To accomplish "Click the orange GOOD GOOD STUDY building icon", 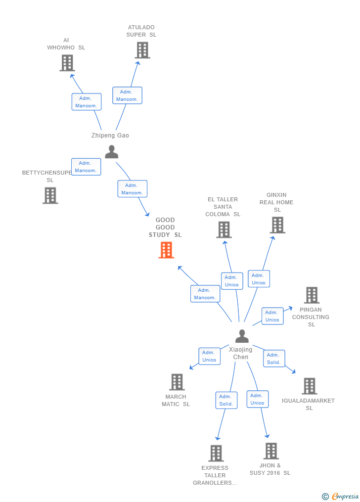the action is (x=166, y=250).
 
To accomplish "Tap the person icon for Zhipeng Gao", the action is (x=112, y=152).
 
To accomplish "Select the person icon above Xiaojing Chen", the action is (x=242, y=336).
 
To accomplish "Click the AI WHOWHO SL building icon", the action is (x=67, y=63).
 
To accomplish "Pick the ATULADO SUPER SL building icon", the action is (x=142, y=50).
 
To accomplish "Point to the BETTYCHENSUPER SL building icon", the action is (x=50, y=195).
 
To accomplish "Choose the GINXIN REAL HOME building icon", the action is (x=277, y=225).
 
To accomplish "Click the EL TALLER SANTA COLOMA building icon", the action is (x=224, y=229).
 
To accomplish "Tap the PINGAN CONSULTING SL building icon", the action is (x=312, y=295).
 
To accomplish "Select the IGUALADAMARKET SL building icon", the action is (x=310, y=386).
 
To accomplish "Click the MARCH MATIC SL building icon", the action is (x=177, y=382).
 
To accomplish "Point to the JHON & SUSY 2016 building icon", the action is (x=271, y=451).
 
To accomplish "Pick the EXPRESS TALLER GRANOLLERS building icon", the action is (x=216, y=453).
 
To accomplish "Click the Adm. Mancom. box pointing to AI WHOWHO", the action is (x=87, y=102).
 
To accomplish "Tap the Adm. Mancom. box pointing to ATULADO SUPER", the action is (x=127, y=95).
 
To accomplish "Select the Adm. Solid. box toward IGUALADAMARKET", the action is (x=274, y=359).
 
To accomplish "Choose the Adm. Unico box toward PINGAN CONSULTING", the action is (x=272, y=316).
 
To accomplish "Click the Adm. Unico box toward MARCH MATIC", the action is (x=209, y=356).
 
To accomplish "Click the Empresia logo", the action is (x=341, y=496).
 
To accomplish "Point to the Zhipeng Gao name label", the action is (x=110, y=136).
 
